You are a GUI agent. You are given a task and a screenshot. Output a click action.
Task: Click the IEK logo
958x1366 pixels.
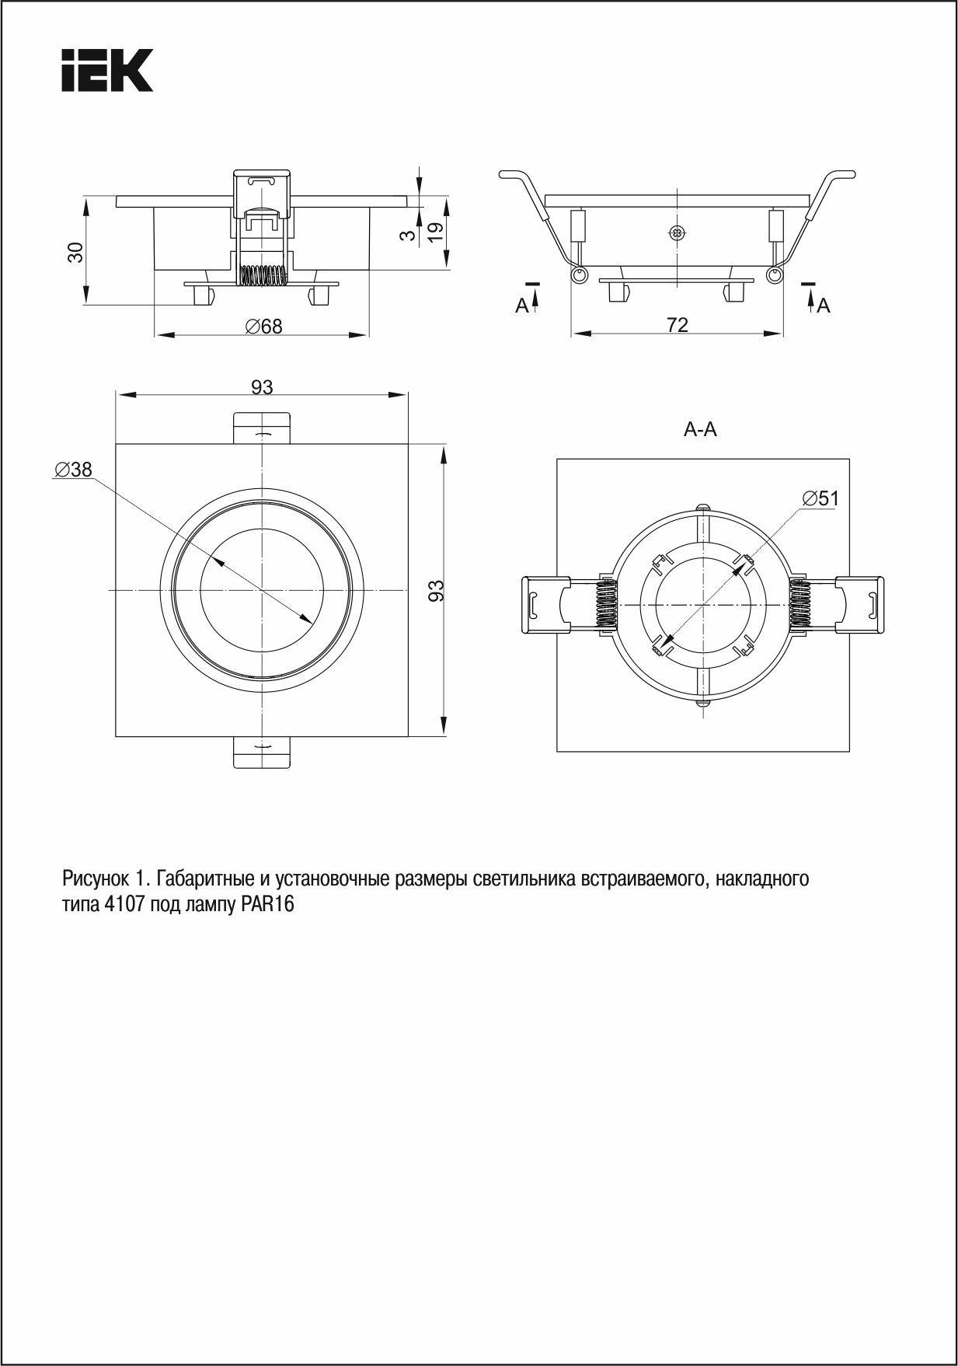click(x=107, y=70)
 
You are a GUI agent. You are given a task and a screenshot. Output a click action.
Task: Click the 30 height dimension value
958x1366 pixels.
click(x=75, y=252)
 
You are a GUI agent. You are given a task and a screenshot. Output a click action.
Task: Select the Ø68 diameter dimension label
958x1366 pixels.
click(x=264, y=327)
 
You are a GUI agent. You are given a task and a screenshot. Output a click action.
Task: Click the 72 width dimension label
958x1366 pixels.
click(x=678, y=325)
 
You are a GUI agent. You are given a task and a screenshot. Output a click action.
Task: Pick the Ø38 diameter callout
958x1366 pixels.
click(x=73, y=470)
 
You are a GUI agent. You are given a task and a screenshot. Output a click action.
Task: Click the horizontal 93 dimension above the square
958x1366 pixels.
click(x=262, y=386)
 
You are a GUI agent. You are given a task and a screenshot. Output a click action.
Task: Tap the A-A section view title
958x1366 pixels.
click(x=700, y=429)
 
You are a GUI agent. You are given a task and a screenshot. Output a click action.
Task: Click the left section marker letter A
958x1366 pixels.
click(x=522, y=306)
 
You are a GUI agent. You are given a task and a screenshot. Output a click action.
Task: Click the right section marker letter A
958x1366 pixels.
click(x=824, y=306)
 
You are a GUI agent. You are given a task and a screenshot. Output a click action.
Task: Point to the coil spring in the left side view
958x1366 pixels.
click(x=262, y=275)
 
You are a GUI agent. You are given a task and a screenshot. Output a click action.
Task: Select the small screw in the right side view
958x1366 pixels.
click(x=678, y=232)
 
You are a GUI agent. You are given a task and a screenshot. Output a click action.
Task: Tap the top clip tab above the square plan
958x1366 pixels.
click(x=263, y=428)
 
